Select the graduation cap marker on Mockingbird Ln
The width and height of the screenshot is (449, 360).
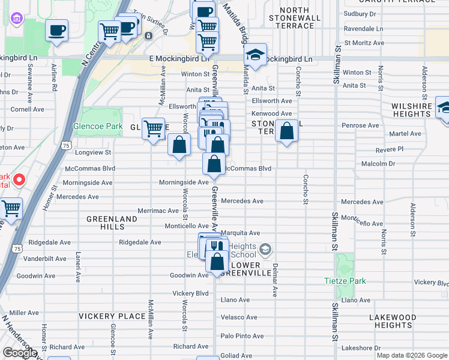[256, 56]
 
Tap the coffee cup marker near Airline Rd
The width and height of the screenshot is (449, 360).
[57, 31]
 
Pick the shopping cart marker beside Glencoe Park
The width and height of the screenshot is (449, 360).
[154, 128]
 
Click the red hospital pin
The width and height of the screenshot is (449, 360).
[19, 179]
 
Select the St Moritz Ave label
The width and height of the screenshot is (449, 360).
[363, 43]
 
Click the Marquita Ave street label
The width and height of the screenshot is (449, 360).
[240, 233]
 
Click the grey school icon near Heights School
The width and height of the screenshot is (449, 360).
[266, 248]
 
